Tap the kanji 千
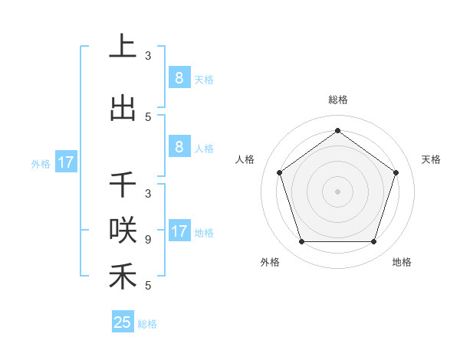click(x=123, y=185)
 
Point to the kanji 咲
click(x=123, y=231)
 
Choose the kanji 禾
click(x=123, y=276)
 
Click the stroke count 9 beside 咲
click(x=147, y=240)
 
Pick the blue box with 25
click(x=123, y=322)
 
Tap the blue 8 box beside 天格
click(x=179, y=78)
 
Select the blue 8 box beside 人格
click(x=179, y=147)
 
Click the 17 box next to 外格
click(x=65, y=162)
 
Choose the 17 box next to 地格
click(x=179, y=231)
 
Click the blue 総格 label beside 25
click(x=147, y=324)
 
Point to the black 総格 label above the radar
click(x=337, y=100)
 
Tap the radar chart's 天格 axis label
click(x=431, y=159)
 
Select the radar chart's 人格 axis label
click(x=245, y=159)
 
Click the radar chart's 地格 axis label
click(x=402, y=262)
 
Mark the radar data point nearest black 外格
click(x=301, y=242)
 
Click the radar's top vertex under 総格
click(x=337, y=130)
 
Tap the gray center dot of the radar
click(x=337, y=191)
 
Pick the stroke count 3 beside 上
click(x=148, y=56)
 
